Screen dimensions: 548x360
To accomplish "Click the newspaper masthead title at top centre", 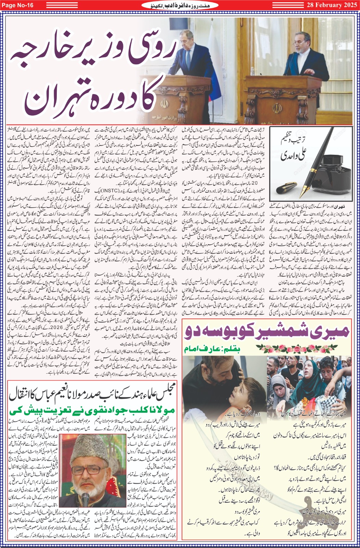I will point(180,5).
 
